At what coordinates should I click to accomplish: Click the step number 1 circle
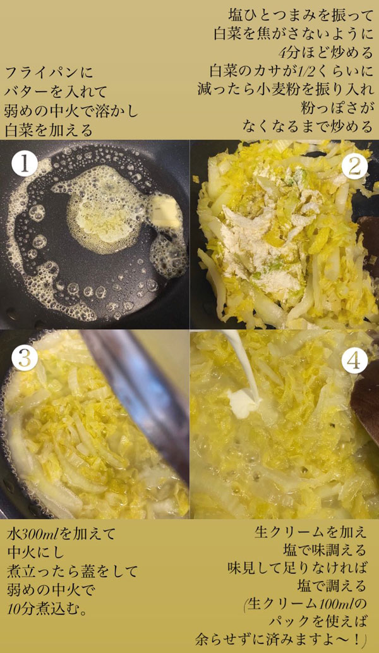pyautogui.click(x=25, y=164)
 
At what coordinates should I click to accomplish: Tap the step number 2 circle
pyautogui.click(x=354, y=166)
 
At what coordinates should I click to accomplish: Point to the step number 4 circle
pyautogui.click(x=354, y=361)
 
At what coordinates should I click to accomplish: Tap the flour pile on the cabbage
pyautogui.click(x=267, y=233)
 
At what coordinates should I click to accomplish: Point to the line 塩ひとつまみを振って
pyautogui.click(x=301, y=16)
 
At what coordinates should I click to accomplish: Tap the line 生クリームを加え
pyautogui.click(x=310, y=532)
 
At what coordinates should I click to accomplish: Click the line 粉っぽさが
pyautogui.click(x=337, y=107)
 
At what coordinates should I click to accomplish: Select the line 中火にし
pyautogui.click(x=36, y=552)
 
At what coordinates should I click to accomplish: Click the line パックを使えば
pyautogui.click(x=318, y=622)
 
